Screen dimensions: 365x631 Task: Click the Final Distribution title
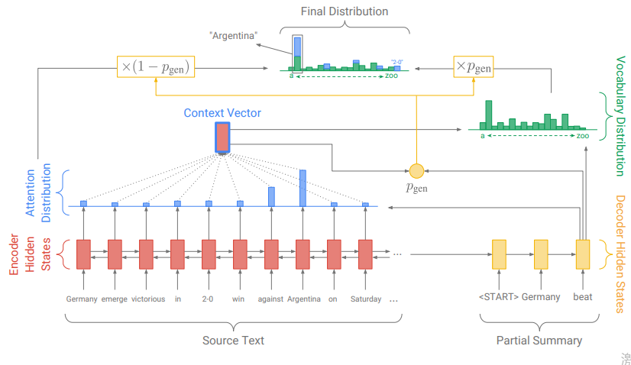point(344,11)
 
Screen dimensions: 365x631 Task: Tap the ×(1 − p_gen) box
point(154,67)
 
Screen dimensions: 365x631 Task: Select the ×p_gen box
point(473,67)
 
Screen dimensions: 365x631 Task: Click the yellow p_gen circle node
point(416,170)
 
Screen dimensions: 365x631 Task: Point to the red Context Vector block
point(222,137)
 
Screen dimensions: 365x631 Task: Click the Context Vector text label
point(222,113)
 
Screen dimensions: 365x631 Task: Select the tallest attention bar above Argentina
point(303,188)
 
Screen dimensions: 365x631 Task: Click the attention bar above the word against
point(271,196)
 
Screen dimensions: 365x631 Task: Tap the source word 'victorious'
point(147,299)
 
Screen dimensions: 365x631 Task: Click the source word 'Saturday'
point(365,299)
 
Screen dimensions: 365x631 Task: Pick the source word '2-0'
point(209,299)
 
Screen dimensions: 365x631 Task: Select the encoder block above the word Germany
point(83,254)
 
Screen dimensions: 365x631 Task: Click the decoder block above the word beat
point(583,254)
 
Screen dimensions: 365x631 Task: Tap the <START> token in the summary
point(497,297)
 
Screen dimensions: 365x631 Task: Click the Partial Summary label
point(539,341)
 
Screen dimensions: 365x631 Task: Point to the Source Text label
point(233,341)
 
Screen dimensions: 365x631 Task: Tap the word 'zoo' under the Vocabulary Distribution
point(582,136)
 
